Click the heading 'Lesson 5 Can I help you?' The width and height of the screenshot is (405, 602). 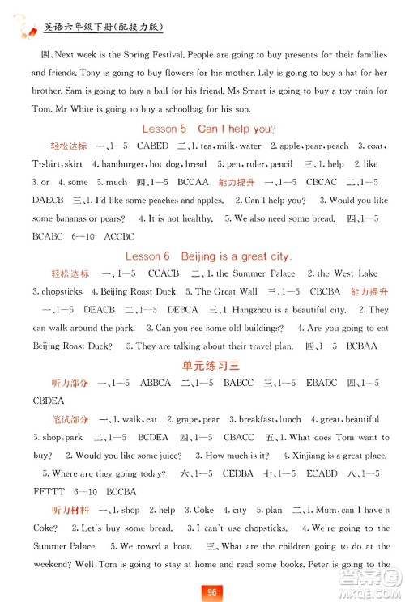[x=209, y=129]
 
